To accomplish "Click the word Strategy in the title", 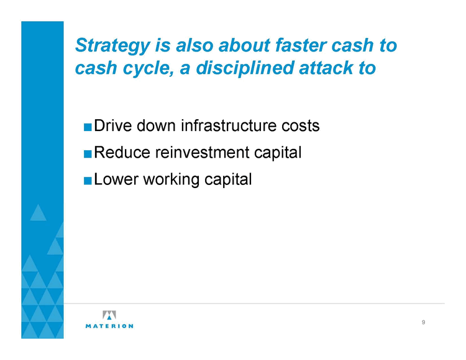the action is tap(112, 46).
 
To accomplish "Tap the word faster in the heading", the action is tap(301, 45).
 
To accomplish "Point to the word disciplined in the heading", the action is tap(245, 68).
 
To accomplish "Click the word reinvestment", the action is tap(203, 152).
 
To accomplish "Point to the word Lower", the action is tap(116, 179).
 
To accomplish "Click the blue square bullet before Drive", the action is tap(88, 127).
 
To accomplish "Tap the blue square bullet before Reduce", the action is tap(88, 154).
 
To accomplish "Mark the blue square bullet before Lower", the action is tap(88, 181).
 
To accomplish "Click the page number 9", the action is tap(424, 322).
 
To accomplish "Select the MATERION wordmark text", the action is tap(109, 326).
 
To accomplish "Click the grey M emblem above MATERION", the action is tap(109, 315).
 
